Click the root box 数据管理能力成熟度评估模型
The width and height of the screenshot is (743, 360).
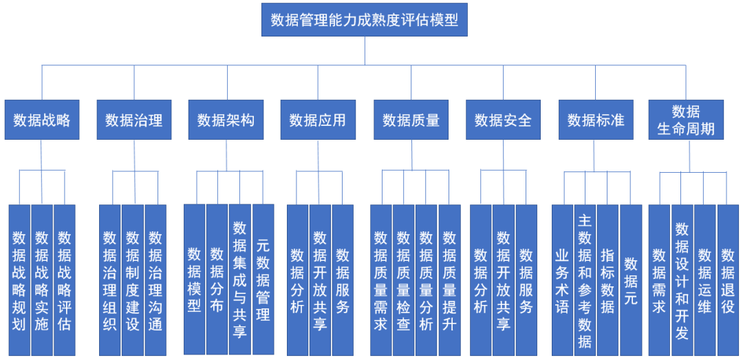[364, 20]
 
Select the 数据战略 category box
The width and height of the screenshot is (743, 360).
[42, 120]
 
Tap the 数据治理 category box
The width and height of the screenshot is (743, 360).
[134, 120]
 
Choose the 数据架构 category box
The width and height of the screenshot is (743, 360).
[226, 120]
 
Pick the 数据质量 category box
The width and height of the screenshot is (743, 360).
[411, 120]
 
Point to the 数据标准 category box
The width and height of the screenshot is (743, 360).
[596, 120]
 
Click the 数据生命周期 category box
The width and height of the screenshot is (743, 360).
[686, 120]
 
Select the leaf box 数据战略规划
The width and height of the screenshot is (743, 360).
[19, 279]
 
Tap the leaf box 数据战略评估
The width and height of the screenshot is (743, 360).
[65, 279]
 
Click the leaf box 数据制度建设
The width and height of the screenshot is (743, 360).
[133, 279]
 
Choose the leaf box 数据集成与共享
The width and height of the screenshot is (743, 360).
[239, 279]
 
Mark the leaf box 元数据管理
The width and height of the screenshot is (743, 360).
[263, 279]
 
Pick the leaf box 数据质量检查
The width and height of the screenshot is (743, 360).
[404, 279]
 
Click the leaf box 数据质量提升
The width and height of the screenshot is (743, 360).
[449, 279]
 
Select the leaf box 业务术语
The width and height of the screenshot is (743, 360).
[562, 279]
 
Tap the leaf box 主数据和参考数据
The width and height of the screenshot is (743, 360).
[585, 279]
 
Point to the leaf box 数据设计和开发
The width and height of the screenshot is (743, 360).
[682, 279]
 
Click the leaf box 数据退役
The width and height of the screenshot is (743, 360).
[728, 279]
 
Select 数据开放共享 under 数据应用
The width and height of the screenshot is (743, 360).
[320, 279]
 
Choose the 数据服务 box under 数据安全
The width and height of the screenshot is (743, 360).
[526, 279]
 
